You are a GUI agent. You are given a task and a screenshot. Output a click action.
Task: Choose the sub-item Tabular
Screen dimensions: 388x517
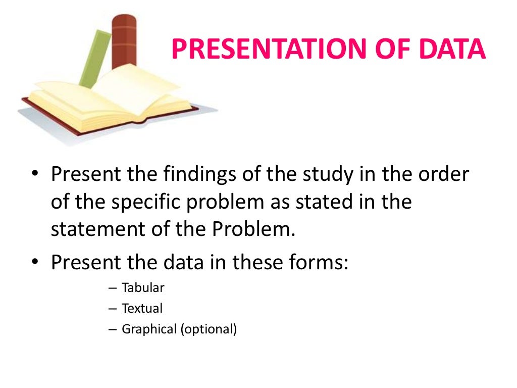pyautogui.click(x=143, y=288)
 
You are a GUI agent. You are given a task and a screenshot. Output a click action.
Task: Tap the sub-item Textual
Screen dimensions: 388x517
pyautogui.click(x=142, y=308)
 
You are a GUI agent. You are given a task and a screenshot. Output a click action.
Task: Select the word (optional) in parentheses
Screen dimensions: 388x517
pyautogui.click(x=208, y=329)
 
